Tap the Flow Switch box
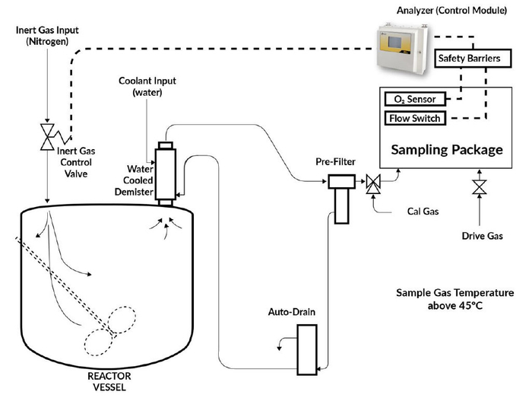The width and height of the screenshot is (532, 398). (414, 119)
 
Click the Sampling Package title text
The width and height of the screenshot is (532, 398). (446, 148)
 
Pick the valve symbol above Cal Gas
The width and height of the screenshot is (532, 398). (373, 184)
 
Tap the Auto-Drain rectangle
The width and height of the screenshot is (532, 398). (306, 349)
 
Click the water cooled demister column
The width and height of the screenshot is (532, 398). (165, 172)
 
